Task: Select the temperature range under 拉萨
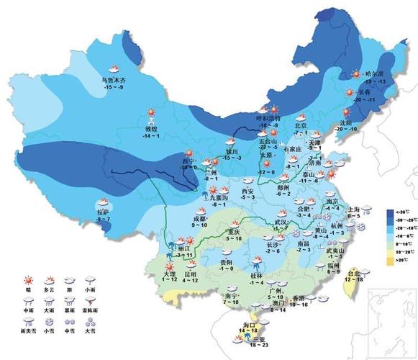tap(104, 219)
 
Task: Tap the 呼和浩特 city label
tap(268, 118)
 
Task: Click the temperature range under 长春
tap(366, 100)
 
